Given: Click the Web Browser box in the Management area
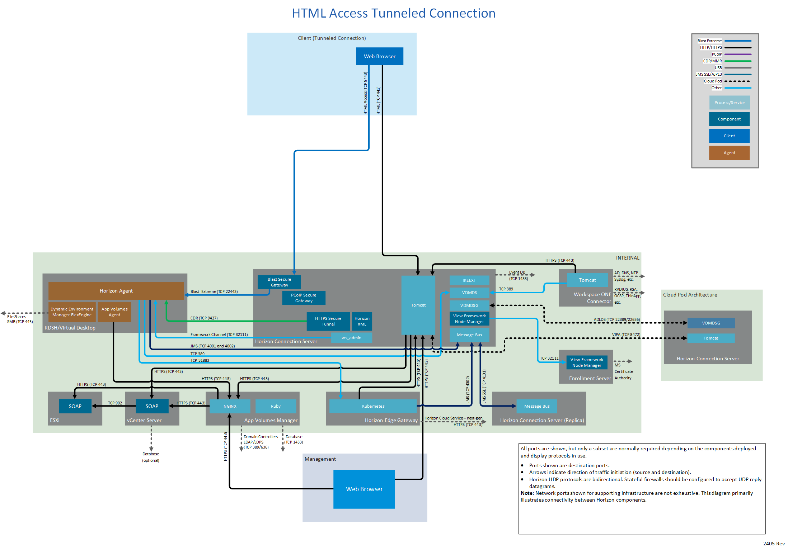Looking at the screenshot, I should tap(364, 489).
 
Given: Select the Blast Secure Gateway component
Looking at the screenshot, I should tap(279, 282).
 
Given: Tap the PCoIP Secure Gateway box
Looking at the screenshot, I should tap(304, 298).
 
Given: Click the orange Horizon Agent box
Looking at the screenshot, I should tap(116, 291).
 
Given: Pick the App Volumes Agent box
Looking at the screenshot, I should tap(114, 312).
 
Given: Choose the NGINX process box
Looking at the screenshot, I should tap(230, 406).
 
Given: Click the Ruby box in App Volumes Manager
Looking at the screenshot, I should tap(276, 406).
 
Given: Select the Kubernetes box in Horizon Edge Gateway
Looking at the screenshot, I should tap(373, 406).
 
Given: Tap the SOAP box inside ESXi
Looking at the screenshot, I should tap(75, 406).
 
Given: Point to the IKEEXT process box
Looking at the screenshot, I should tap(469, 280).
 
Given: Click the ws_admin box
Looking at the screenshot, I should tap(351, 338).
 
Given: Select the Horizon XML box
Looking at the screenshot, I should tap(362, 321).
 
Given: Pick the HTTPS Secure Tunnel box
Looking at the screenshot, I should tap(328, 321).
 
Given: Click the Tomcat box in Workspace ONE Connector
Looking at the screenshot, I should tap(587, 280).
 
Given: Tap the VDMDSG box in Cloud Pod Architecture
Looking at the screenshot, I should tap(711, 323).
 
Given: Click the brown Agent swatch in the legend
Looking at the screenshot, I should tap(729, 153).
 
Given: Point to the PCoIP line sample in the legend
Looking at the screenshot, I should tap(737, 54).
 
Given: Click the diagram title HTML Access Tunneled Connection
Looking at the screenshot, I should tap(394, 13).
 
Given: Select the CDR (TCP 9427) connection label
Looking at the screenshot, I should tap(204, 318).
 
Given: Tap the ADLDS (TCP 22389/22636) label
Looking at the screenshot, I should tap(616, 319).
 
